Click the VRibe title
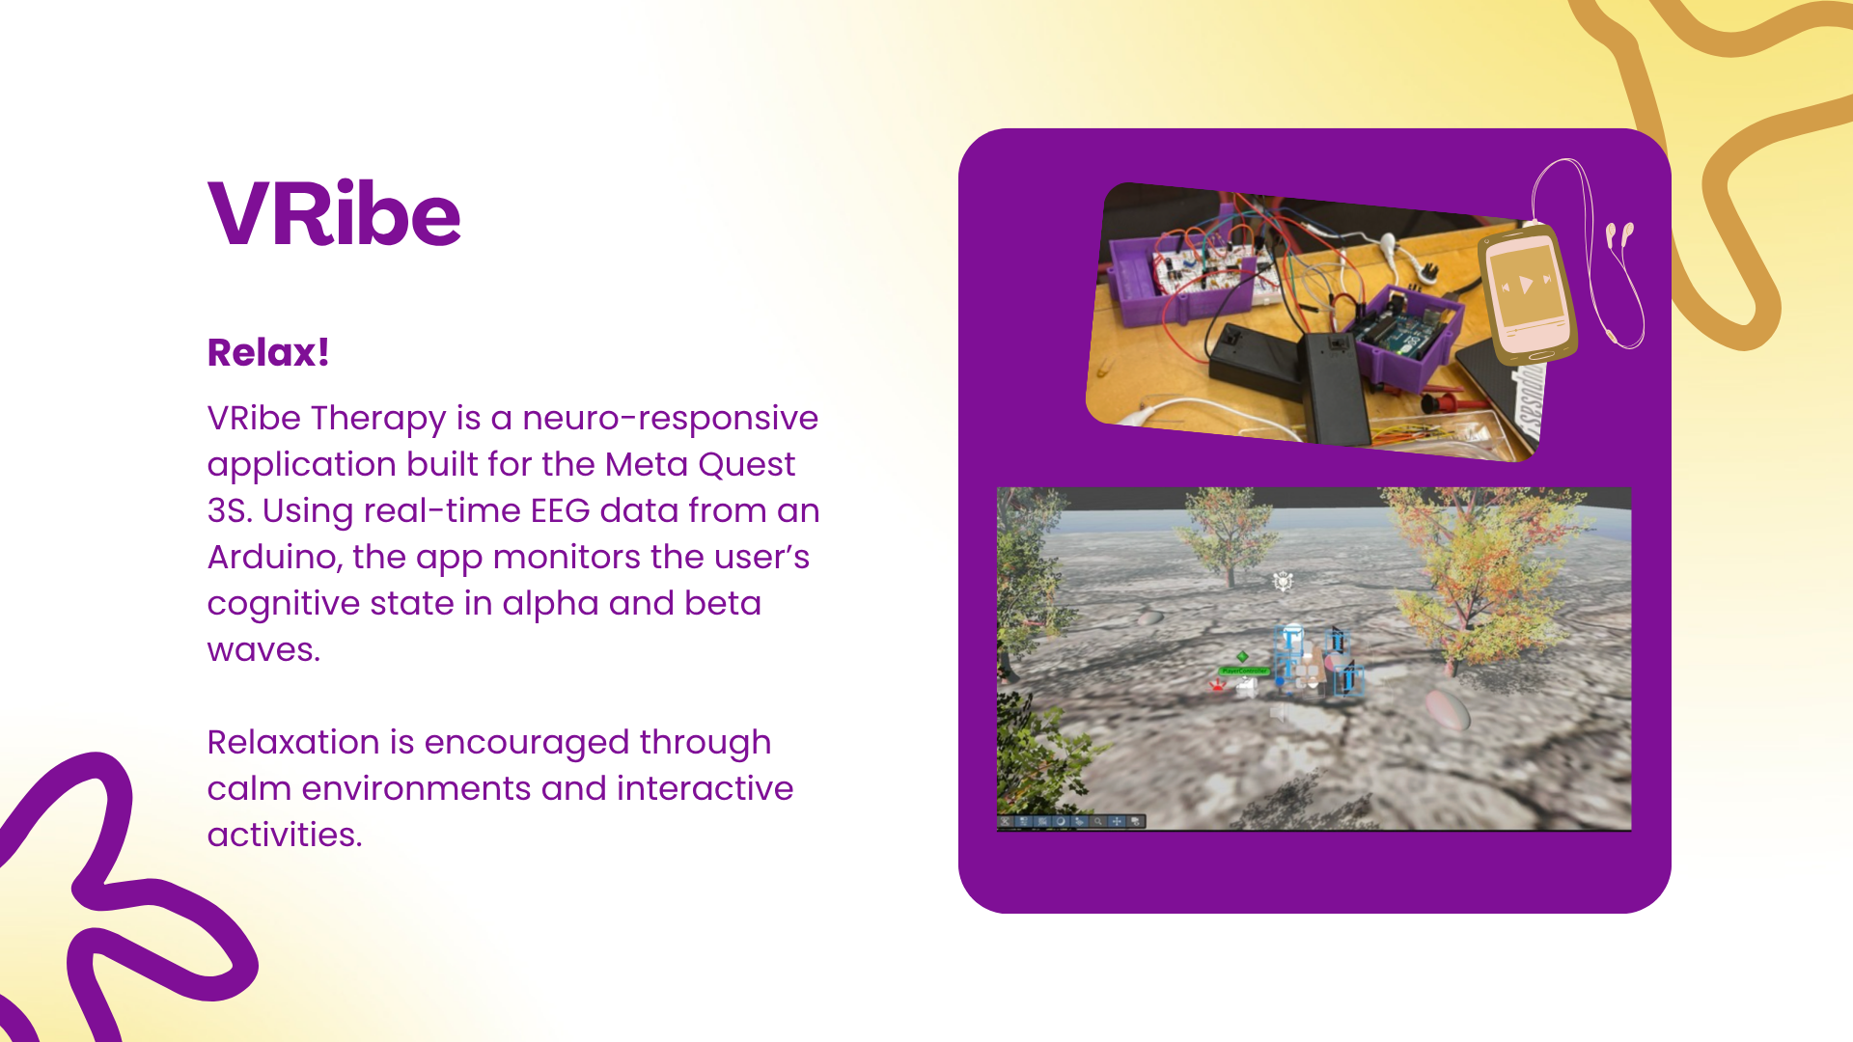tap(334, 213)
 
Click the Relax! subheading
tap(268, 352)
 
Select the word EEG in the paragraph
tap(560, 510)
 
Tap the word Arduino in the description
tap(275, 558)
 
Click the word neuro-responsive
tap(670, 419)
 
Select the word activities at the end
tap(285, 835)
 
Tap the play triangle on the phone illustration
tap(1526, 284)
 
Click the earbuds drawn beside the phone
tap(1619, 235)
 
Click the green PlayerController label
tap(1245, 671)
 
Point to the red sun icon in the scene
tap(1218, 684)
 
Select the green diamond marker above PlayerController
tap(1242, 656)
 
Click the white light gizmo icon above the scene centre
tap(1283, 581)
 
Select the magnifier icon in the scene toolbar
tap(1097, 821)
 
